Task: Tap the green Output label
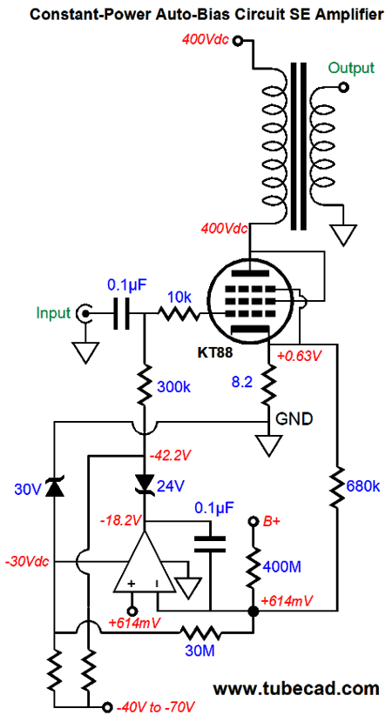[x=350, y=68]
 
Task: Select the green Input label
[x=54, y=313]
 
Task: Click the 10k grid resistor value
[x=179, y=297]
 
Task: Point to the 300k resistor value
[x=173, y=387]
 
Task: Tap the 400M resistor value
[x=282, y=566]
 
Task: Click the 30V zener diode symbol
[x=54, y=490]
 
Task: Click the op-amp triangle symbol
[x=145, y=563]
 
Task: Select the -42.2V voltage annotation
[x=170, y=456]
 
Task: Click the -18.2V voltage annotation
[x=121, y=520]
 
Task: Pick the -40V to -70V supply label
[x=156, y=707]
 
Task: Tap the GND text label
[x=294, y=419]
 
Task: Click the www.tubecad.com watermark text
[x=296, y=688]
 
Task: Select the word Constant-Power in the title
[x=80, y=15]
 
